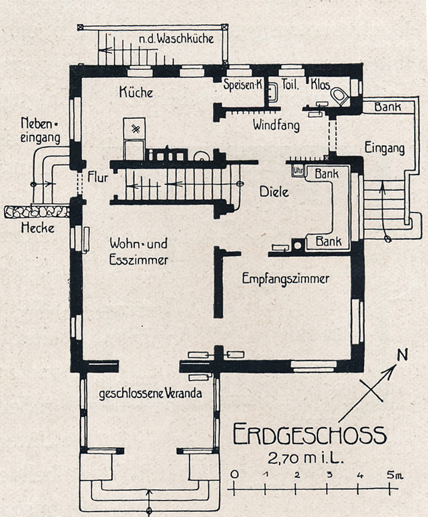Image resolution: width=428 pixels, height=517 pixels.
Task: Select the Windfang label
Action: (x=276, y=125)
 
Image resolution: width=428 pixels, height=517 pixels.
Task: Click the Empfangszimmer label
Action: (x=285, y=278)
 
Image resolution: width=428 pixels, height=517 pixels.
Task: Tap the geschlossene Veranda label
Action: (x=150, y=394)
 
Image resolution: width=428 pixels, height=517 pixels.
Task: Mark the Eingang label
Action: (x=384, y=149)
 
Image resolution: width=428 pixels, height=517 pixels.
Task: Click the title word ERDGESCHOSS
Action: (x=310, y=435)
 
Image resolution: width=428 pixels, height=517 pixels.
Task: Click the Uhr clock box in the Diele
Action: (x=298, y=171)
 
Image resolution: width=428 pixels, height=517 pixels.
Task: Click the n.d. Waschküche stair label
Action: (x=176, y=39)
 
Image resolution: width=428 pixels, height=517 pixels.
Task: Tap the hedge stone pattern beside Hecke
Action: (x=37, y=211)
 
